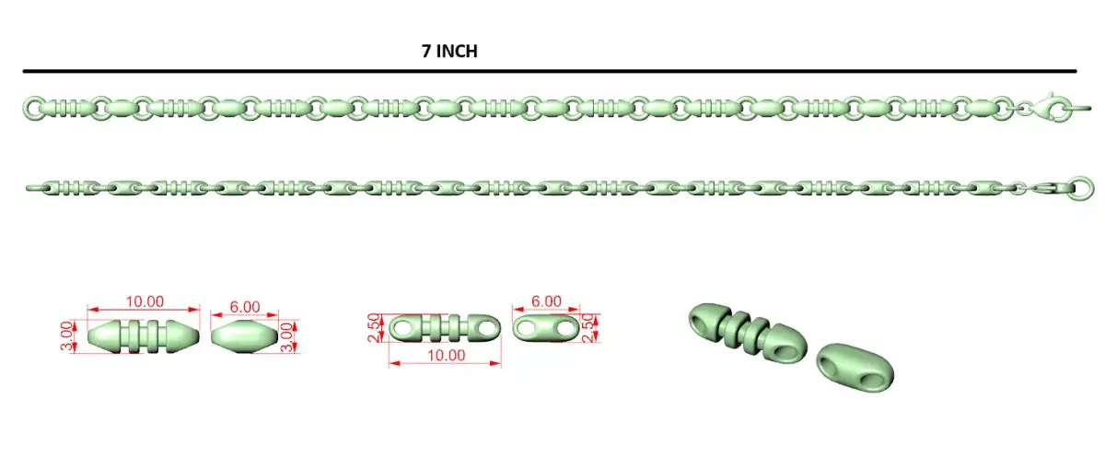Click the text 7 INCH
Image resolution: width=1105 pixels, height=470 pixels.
point(449,52)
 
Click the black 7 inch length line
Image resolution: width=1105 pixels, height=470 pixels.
point(550,71)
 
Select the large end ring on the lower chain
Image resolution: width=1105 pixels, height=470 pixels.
point(1081,188)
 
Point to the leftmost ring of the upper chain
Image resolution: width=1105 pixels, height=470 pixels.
point(34,108)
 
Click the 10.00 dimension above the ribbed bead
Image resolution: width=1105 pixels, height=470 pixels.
point(144,301)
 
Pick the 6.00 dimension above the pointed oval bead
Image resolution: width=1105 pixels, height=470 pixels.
point(245,307)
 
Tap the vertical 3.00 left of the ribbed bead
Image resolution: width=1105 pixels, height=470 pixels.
point(66,336)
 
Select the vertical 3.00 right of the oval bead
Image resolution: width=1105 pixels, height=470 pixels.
point(286,337)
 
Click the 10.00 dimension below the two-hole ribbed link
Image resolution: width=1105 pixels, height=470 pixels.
point(446,356)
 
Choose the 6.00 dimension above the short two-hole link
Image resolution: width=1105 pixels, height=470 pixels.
point(546,301)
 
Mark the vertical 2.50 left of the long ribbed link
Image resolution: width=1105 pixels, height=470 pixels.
point(375,328)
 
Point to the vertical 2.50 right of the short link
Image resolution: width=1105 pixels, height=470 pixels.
point(587,328)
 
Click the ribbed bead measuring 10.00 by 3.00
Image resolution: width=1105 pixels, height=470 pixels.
point(144,336)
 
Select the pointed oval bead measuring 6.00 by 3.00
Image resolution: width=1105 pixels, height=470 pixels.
point(245,336)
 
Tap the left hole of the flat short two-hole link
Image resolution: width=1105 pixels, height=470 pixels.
point(527,328)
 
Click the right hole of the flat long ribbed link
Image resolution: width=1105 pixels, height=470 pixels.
point(488,328)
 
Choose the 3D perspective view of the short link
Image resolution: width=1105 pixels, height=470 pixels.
point(855,368)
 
